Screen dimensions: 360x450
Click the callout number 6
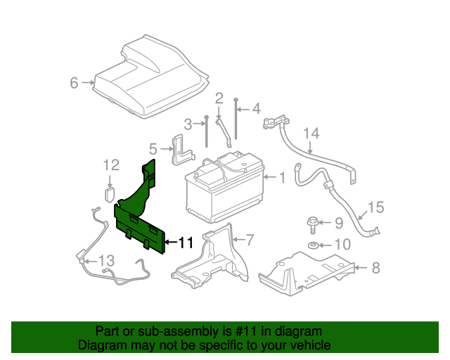(73, 83)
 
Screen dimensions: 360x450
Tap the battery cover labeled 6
(152, 77)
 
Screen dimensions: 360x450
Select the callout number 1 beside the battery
(282, 178)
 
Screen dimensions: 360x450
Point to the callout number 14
(311, 133)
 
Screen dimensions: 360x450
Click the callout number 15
(376, 207)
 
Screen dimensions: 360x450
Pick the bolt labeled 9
(312, 225)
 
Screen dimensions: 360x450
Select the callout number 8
(375, 267)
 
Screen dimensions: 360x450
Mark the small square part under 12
(110, 193)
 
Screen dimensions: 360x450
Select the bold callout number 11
(186, 243)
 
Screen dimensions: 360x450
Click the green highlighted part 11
(141, 218)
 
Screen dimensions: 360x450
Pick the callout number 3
(188, 124)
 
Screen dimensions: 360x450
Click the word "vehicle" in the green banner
(307, 345)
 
